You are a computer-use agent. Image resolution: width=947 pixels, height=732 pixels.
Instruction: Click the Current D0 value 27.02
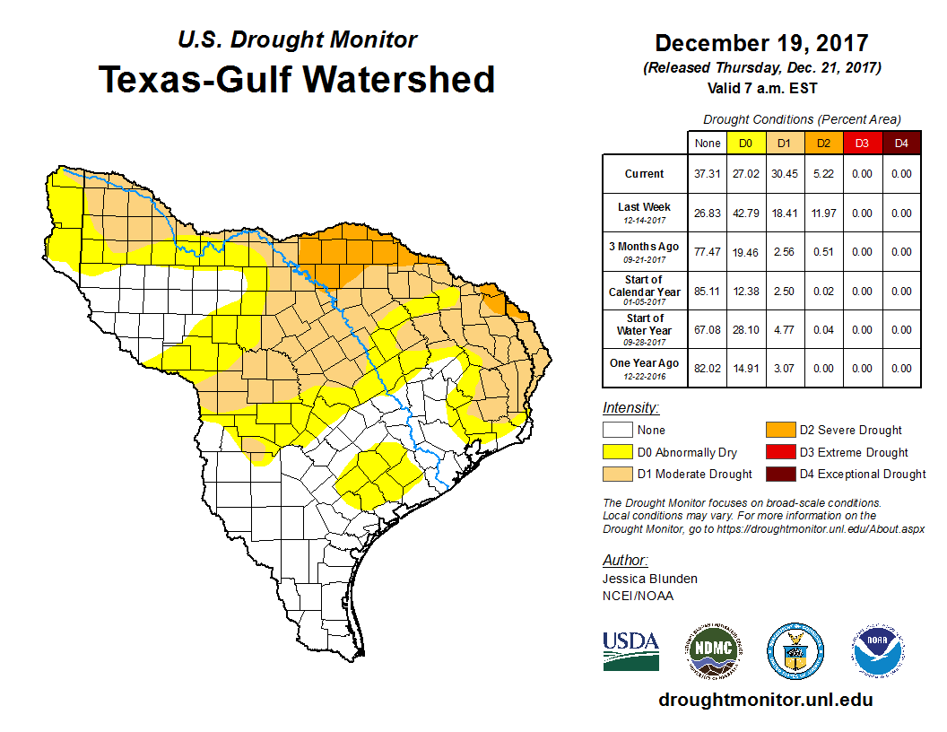(745, 174)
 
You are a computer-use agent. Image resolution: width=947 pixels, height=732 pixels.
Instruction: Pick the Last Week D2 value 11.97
(822, 213)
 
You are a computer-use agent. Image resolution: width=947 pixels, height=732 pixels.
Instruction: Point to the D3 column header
(861, 143)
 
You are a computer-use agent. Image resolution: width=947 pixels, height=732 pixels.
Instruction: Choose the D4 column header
(900, 143)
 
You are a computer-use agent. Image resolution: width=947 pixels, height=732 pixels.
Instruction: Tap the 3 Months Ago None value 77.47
(707, 252)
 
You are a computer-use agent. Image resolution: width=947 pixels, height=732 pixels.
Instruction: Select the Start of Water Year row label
(645, 329)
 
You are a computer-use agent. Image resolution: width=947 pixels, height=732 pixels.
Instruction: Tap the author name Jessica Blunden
(650, 579)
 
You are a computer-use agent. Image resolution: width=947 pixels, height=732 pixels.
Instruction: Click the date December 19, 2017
(761, 43)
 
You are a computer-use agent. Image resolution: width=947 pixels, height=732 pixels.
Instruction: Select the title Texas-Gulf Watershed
(297, 79)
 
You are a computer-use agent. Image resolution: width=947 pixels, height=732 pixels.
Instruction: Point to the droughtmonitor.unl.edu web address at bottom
(765, 700)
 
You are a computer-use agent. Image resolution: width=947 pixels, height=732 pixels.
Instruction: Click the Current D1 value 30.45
(784, 174)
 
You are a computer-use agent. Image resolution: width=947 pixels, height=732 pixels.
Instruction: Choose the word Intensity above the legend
(630, 408)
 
